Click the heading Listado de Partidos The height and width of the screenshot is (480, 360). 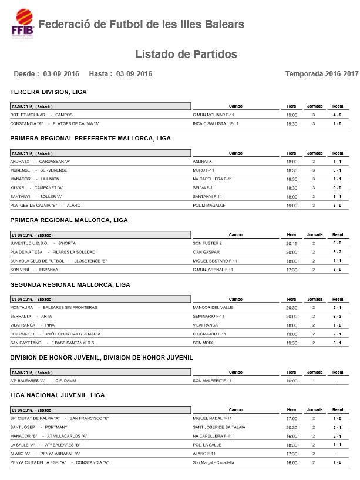[x=186, y=55]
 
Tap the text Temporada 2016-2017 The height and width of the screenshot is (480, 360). [x=321, y=74]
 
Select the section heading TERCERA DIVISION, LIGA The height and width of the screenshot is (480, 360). [x=48, y=92]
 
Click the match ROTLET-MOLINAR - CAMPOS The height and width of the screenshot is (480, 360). [x=41, y=115]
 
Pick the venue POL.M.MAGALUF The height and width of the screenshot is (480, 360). [x=210, y=206]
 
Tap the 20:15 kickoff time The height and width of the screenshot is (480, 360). [x=291, y=243]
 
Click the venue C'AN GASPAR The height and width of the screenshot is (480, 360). [x=206, y=251]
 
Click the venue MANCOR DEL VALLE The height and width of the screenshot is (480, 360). [x=213, y=307]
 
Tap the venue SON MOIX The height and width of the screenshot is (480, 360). [x=203, y=343]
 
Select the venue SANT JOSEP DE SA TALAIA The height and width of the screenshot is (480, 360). [x=218, y=427]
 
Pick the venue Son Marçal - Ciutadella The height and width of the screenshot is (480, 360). [x=218, y=462]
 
